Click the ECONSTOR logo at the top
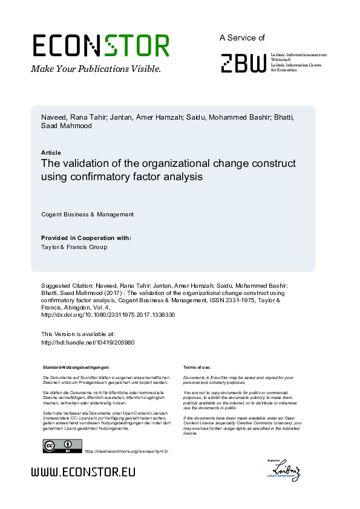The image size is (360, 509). (100, 45)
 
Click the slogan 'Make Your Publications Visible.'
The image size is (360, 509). (96, 69)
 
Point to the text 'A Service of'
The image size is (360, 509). (242, 37)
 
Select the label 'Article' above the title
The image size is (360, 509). (51, 153)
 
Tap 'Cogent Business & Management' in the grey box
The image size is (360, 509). (87, 215)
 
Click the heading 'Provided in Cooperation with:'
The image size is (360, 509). (86, 238)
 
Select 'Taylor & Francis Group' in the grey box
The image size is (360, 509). (74, 247)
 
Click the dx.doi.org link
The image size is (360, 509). (108, 315)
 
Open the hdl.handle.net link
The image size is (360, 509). (87, 343)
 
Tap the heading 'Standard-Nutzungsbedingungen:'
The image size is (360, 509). (76, 367)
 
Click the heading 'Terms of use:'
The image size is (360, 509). (197, 367)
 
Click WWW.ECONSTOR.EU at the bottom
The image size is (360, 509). (83, 472)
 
